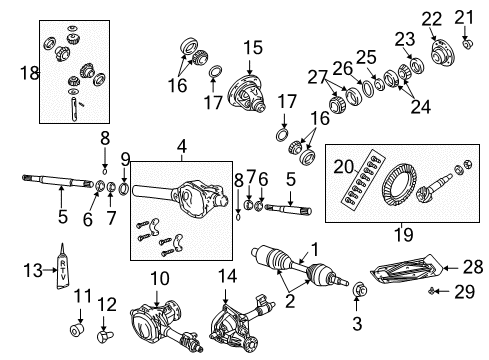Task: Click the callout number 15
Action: [x=252, y=46]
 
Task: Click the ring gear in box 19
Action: [x=395, y=189]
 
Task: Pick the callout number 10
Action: [x=160, y=277]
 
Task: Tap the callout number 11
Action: [x=82, y=297]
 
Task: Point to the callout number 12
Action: [x=110, y=303]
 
